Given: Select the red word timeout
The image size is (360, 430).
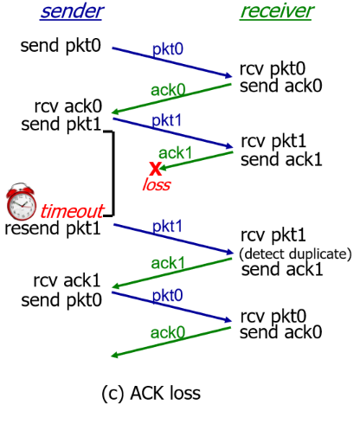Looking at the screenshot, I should (72, 211).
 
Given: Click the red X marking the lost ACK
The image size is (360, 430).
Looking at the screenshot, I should (155, 168).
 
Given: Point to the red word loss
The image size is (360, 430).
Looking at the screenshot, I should (156, 185).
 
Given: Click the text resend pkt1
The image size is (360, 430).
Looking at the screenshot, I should (53, 228).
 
